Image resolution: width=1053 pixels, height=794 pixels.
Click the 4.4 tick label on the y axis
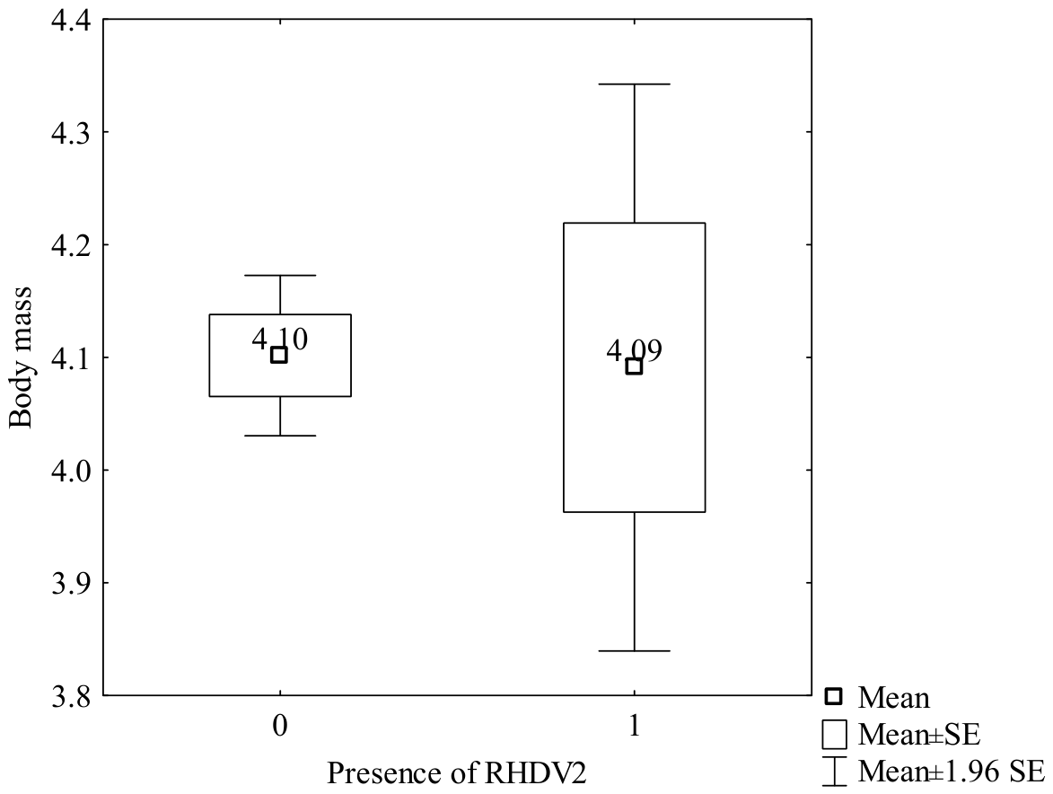point(71,20)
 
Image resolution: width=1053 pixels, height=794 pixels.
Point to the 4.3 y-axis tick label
point(71,132)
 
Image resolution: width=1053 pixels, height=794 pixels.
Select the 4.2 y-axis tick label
point(71,244)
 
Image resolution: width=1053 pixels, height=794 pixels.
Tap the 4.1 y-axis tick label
point(71,357)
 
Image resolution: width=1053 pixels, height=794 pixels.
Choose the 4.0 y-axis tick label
point(71,471)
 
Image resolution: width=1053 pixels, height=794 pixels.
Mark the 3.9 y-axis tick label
point(71,582)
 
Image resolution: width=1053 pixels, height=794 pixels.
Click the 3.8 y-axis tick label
point(71,695)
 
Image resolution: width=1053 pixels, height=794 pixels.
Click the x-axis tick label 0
point(280,726)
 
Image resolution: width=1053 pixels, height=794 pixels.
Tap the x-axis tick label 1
point(635,726)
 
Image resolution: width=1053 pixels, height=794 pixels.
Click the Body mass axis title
point(21,357)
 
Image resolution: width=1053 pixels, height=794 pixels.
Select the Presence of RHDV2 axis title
point(457,773)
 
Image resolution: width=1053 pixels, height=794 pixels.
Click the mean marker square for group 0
point(279,355)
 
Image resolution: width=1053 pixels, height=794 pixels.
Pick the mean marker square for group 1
point(634,366)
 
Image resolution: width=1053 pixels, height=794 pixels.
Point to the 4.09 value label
point(635,350)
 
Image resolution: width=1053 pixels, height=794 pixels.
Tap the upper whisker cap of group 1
point(635,84)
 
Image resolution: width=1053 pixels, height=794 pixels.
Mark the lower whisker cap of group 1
point(635,651)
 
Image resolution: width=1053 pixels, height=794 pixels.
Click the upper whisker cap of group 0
point(280,276)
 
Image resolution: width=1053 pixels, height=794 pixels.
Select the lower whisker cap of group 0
point(280,436)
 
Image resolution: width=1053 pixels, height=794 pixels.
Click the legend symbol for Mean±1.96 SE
point(834,772)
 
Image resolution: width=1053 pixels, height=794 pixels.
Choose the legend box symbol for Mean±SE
point(834,734)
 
